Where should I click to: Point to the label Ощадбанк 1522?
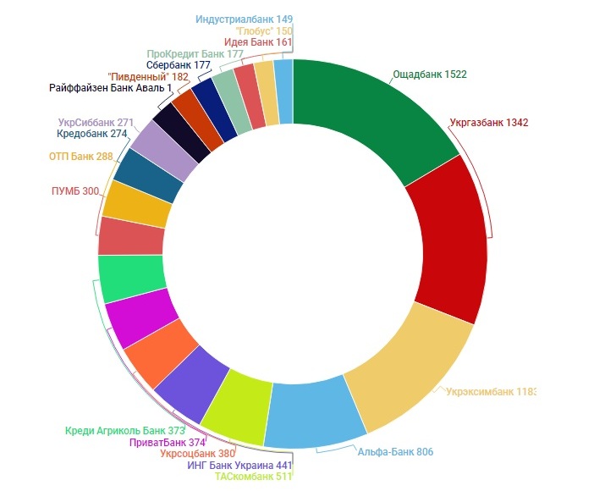point(430,74)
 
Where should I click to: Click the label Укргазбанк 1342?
point(489,123)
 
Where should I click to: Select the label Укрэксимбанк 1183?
point(490,392)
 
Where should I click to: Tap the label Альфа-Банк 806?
point(394,452)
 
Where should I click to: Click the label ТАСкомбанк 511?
point(252,477)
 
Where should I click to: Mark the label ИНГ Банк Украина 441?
point(239,465)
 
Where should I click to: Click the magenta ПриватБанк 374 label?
point(168,442)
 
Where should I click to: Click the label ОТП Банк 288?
point(81,157)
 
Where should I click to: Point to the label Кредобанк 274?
point(92,134)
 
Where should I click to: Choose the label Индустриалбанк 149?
point(244,19)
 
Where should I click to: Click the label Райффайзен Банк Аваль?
point(111,87)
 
